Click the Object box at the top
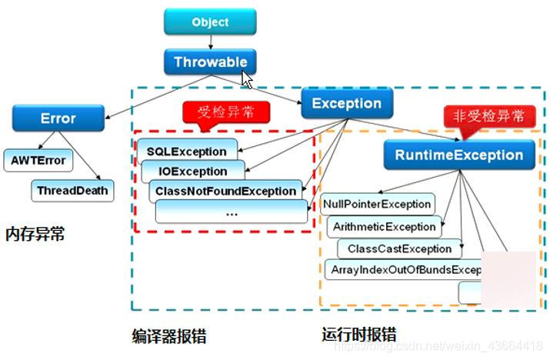click(x=210, y=22)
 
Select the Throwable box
click(x=210, y=62)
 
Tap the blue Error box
click(x=58, y=118)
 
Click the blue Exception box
click(x=346, y=104)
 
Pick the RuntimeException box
click(x=458, y=155)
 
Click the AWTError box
click(x=38, y=161)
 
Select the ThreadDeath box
click(x=72, y=189)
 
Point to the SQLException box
click(x=187, y=152)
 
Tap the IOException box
click(x=193, y=171)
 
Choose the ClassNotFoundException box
click(x=225, y=190)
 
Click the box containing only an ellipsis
click(x=232, y=211)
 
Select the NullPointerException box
click(x=378, y=204)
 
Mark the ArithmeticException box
click(x=384, y=226)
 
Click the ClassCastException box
click(x=399, y=248)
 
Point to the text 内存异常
click(x=35, y=233)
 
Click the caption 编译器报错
click(x=169, y=336)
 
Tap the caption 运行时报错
click(x=358, y=335)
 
